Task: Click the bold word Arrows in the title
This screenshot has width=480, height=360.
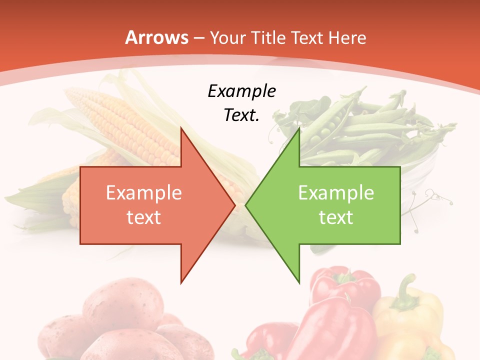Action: tap(156, 37)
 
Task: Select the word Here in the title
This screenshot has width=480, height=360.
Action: tap(348, 37)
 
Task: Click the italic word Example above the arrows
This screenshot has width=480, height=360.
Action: tap(241, 91)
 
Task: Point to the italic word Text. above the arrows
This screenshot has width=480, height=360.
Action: tap(241, 115)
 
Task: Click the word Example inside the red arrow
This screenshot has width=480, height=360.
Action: tap(143, 192)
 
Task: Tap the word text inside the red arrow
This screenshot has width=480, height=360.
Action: tap(143, 217)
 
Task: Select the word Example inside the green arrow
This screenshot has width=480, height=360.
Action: tap(336, 192)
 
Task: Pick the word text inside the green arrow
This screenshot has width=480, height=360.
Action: tap(336, 217)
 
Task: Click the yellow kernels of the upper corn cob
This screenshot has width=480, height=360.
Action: tap(125, 125)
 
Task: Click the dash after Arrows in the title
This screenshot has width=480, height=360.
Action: tap(197, 38)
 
